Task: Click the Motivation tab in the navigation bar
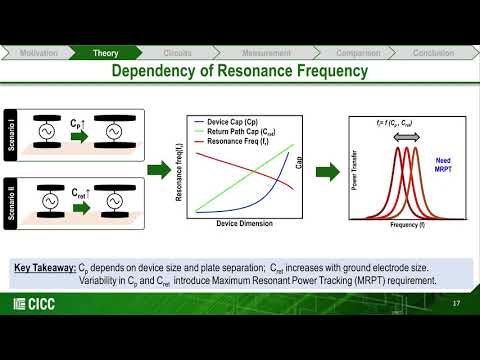pos(38,52)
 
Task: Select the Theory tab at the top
pos(106,52)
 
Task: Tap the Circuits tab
pos(177,52)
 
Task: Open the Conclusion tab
pos(434,52)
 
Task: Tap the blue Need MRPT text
pos(446,165)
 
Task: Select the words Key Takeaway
pos(45,268)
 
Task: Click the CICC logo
pos(34,304)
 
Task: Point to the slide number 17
pos(456,304)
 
